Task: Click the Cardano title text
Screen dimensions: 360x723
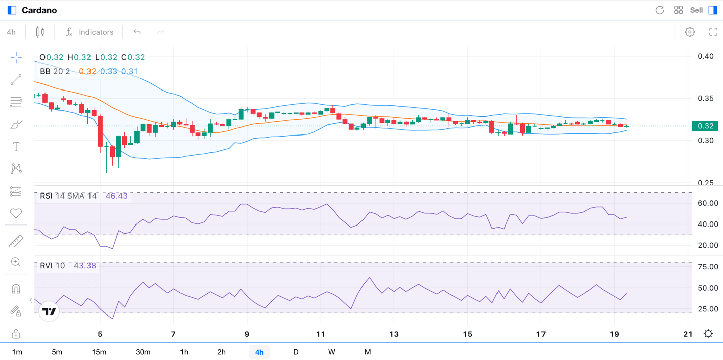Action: [x=39, y=10]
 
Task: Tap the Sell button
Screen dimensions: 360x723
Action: [x=696, y=10]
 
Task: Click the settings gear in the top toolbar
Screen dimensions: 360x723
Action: [x=690, y=32]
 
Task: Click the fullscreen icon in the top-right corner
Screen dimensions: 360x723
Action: [x=713, y=32]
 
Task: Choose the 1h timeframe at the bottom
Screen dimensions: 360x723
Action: [x=184, y=352]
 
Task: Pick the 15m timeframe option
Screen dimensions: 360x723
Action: [x=99, y=352]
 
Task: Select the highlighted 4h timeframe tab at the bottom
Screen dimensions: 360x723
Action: [x=259, y=352]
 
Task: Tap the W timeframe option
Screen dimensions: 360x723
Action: [x=331, y=352]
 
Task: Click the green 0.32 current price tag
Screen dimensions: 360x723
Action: [x=705, y=126]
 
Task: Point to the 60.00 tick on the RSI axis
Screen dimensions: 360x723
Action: [x=708, y=203]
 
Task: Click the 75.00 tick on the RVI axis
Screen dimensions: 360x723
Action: [x=708, y=267]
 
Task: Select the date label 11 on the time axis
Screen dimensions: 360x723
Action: [x=321, y=334]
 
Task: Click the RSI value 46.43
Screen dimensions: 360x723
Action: [x=117, y=196]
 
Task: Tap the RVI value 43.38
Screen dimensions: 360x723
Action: [x=85, y=265]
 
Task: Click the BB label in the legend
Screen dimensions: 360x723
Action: [x=45, y=71]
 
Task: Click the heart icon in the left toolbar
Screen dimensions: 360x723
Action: [x=16, y=213]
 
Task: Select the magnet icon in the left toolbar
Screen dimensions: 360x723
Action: [x=16, y=289]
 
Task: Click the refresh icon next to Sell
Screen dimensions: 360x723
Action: [x=659, y=10]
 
